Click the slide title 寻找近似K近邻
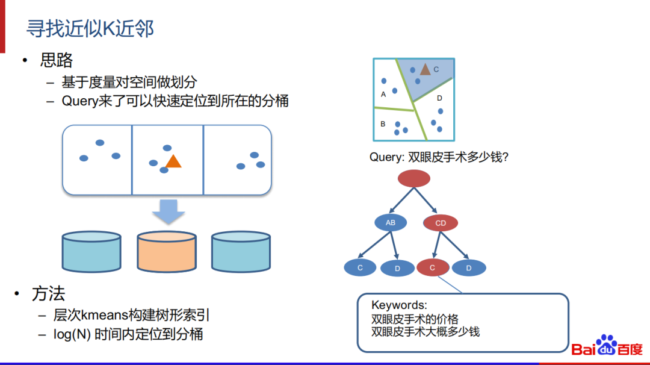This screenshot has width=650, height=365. [90, 28]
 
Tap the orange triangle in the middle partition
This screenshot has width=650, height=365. [173, 161]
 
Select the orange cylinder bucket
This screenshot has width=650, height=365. [166, 251]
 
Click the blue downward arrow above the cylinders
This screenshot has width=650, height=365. [168, 211]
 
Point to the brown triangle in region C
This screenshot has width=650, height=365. [425, 69]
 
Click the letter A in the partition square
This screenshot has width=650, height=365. [383, 94]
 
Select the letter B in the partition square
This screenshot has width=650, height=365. [383, 124]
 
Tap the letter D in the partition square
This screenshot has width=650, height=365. [439, 98]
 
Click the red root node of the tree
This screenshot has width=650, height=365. [414, 178]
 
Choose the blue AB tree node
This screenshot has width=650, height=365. [391, 223]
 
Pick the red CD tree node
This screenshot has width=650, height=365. [441, 223]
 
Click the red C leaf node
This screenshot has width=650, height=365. [433, 268]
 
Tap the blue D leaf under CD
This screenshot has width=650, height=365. [469, 268]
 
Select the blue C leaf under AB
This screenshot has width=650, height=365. [360, 268]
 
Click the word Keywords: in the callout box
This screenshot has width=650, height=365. [399, 305]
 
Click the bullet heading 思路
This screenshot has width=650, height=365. [57, 60]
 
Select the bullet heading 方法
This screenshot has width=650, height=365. [48, 294]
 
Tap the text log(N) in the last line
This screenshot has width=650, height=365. [72, 334]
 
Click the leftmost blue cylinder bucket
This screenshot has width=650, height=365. [91, 251]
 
